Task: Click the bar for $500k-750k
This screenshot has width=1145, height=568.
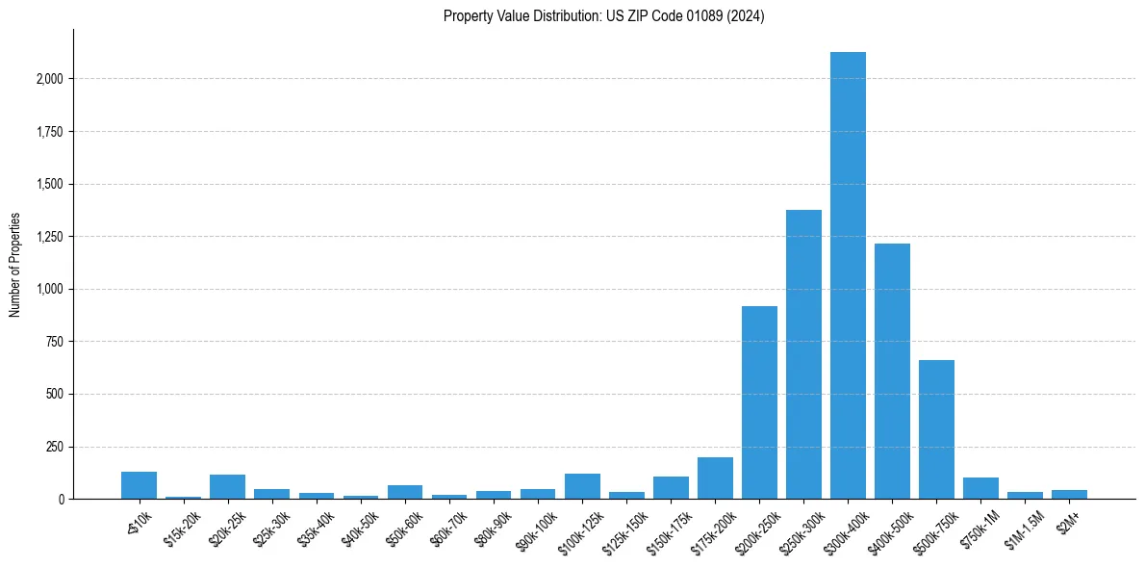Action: point(936,429)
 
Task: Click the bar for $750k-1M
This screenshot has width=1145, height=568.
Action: point(980,488)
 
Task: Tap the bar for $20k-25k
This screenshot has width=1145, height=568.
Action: point(227,487)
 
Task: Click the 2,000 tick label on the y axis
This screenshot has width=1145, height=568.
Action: point(48,79)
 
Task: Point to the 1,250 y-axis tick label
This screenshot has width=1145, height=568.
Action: point(48,237)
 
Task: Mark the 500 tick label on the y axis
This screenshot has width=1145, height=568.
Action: point(55,395)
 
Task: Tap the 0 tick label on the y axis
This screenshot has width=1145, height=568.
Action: point(62,500)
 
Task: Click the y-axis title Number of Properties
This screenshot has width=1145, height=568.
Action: point(15,265)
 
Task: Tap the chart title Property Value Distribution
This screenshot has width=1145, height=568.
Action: point(603,16)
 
